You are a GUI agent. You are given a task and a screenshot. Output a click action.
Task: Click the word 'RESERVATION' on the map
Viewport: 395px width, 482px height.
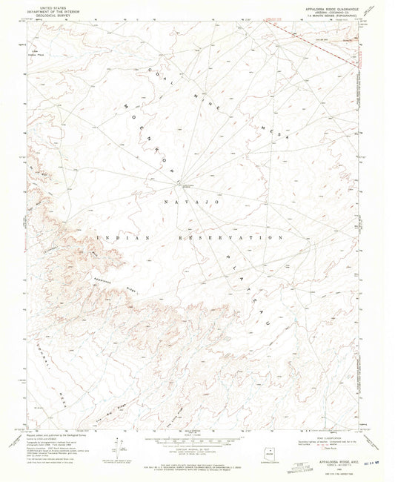230,238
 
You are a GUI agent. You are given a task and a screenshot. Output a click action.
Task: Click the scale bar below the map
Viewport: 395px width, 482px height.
196,431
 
